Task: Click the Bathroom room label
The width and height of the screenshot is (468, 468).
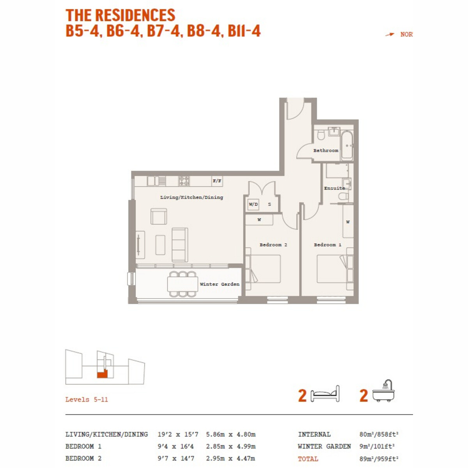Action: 325,151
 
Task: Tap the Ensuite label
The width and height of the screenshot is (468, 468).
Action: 334,188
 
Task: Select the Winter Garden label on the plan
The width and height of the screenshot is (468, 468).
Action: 220,284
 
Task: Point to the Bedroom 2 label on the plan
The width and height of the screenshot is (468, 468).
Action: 273,245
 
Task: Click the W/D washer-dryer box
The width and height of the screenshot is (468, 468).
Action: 253,204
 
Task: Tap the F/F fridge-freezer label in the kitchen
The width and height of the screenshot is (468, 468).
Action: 217,181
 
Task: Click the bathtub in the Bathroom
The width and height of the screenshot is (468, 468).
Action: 347,146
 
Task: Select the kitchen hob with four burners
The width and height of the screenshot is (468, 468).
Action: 184,181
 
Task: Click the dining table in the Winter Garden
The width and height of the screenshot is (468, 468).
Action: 183,284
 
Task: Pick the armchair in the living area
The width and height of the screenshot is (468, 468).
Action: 159,216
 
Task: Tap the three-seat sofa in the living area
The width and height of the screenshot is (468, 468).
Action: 180,245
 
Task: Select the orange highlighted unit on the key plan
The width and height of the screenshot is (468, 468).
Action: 102,374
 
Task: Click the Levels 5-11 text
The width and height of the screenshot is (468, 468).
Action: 87,399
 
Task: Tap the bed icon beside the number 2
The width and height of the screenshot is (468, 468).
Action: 325,394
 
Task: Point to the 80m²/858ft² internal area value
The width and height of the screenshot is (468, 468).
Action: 379,434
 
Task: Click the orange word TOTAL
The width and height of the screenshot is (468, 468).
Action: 308,459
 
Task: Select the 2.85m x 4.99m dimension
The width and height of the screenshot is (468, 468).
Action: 230,447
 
